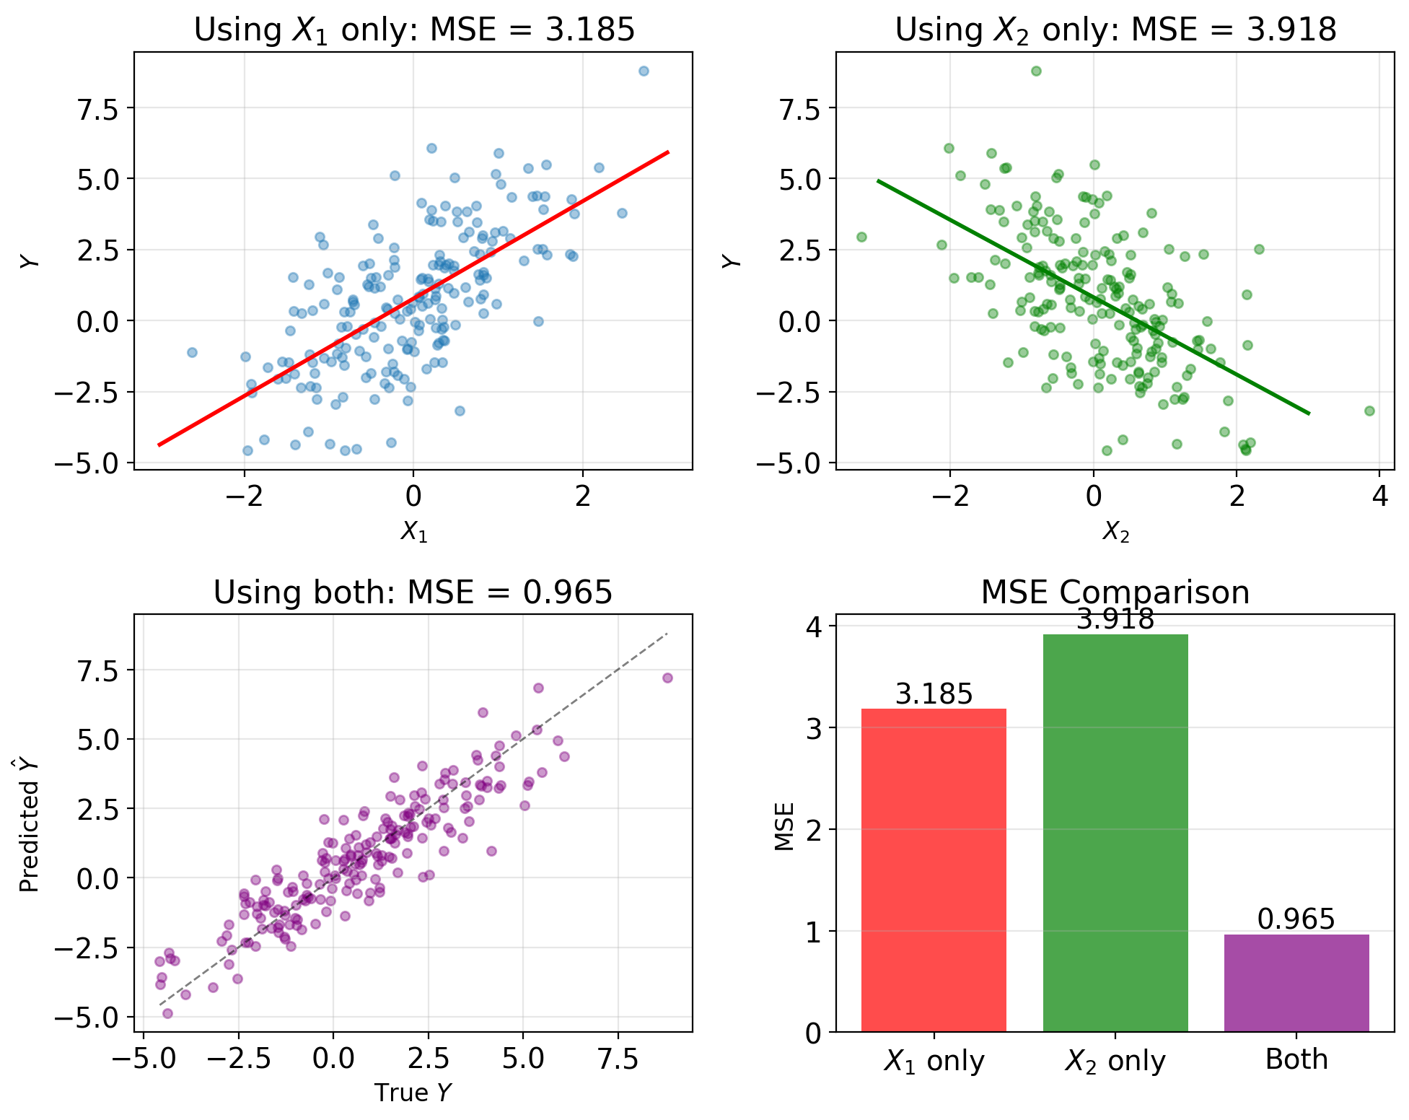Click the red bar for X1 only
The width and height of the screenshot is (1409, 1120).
(934, 870)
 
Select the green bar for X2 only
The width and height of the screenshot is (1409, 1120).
(1115, 833)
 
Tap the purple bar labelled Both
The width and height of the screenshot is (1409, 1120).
(1296, 983)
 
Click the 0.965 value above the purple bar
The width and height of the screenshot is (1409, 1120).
(1296, 919)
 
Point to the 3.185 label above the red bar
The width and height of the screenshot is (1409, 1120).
(934, 694)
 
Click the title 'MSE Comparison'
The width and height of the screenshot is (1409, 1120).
(1115, 592)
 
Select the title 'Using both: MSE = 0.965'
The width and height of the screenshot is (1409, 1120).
(413, 592)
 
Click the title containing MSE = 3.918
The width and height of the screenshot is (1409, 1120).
(1115, 30)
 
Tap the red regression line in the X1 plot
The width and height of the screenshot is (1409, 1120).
(413, 298)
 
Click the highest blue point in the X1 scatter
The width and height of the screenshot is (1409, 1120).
(644, 71)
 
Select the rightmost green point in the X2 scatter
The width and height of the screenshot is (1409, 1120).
(1369, 411)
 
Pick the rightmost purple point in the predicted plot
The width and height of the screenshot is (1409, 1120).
(667, 678)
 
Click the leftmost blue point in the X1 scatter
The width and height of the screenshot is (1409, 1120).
(192, 352)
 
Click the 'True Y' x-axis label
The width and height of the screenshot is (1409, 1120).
(413, 1093)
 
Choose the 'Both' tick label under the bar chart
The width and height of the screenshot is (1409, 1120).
(1296, 1059)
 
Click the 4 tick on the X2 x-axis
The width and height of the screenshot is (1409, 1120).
(1379, 496)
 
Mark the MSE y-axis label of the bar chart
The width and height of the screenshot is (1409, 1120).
(784, 827)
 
